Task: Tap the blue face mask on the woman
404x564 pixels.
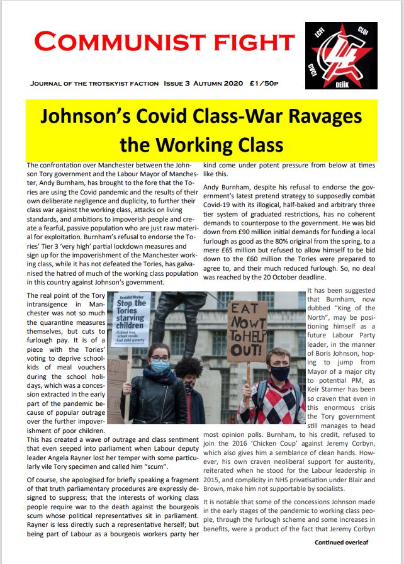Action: tap(160, 366)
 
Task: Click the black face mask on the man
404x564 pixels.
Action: tap(280, 373)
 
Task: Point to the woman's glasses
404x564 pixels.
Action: tap(159, 358)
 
